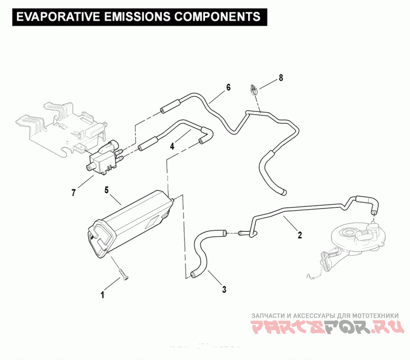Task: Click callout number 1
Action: tap(102, 295)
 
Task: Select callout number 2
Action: tap(300, 236)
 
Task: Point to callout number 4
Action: tap(172, 146)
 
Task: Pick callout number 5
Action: tap(107, 190)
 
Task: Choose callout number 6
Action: tap(228, 87)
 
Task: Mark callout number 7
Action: tap(74, 193)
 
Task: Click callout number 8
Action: tap(280, 78)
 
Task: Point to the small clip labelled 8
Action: tap(253, 90)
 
